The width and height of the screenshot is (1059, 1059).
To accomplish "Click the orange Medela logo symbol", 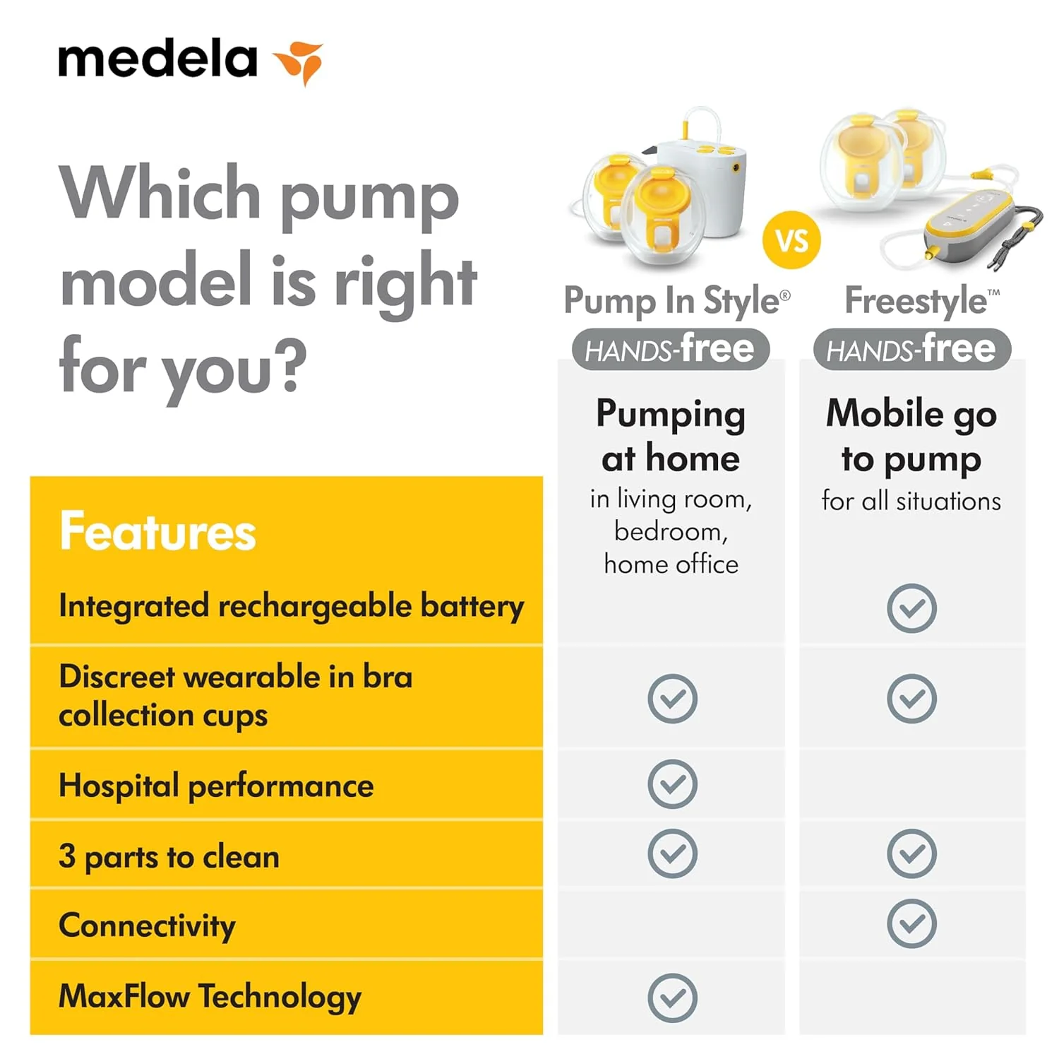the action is (299, 62).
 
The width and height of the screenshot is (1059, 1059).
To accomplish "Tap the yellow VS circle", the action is (791, 241).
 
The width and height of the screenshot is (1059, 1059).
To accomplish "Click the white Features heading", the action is (158, 531).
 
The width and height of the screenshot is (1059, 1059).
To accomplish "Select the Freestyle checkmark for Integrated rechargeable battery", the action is (911, 608).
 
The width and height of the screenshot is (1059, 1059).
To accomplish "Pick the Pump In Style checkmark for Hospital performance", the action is (672, 784).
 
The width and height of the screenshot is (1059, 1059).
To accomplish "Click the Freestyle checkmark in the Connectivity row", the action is (911, 923).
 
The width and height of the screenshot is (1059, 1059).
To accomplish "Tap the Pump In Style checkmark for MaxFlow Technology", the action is (672, 998).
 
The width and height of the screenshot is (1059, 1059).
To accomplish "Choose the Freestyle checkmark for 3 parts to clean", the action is (911, 853).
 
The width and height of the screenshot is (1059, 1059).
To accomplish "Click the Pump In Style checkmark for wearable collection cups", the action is (672, 698).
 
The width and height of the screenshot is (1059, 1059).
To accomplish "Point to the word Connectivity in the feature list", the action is (147, 926).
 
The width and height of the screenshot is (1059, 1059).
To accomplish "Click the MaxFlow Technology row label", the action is (210, 997).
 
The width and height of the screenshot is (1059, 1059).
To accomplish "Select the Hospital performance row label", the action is (216, 786).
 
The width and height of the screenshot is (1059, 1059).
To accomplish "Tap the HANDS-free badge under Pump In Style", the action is (670, 350).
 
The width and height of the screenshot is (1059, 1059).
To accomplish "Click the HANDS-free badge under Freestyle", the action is (912, 350).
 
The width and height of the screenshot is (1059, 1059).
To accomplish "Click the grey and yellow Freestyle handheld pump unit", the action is (971, 223).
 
